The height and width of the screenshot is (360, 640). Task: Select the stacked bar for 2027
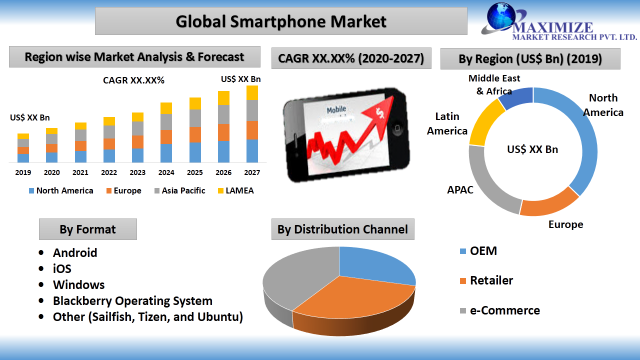(x=252, y=125)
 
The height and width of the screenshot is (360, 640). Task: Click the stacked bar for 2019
(x=23, y=148)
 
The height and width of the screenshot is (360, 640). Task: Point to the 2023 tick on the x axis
(x=138, y=171)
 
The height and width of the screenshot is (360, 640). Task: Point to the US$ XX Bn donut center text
(x=533, y=150)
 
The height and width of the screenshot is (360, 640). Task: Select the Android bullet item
(x=66, y=253)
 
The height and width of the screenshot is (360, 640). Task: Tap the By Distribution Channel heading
(x=343, y=229)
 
